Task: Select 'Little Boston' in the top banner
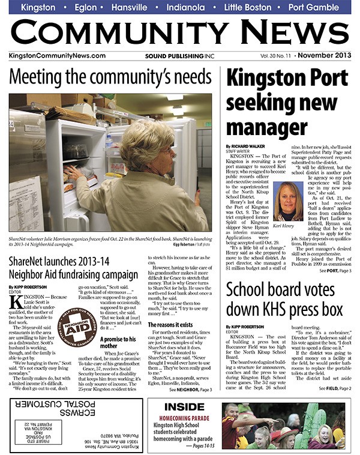coord(247,7)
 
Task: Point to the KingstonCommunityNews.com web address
coord(58,56)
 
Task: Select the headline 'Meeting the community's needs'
coord(110,77)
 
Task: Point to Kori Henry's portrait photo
coord(287,201)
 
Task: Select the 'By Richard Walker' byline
coord(247,146)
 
